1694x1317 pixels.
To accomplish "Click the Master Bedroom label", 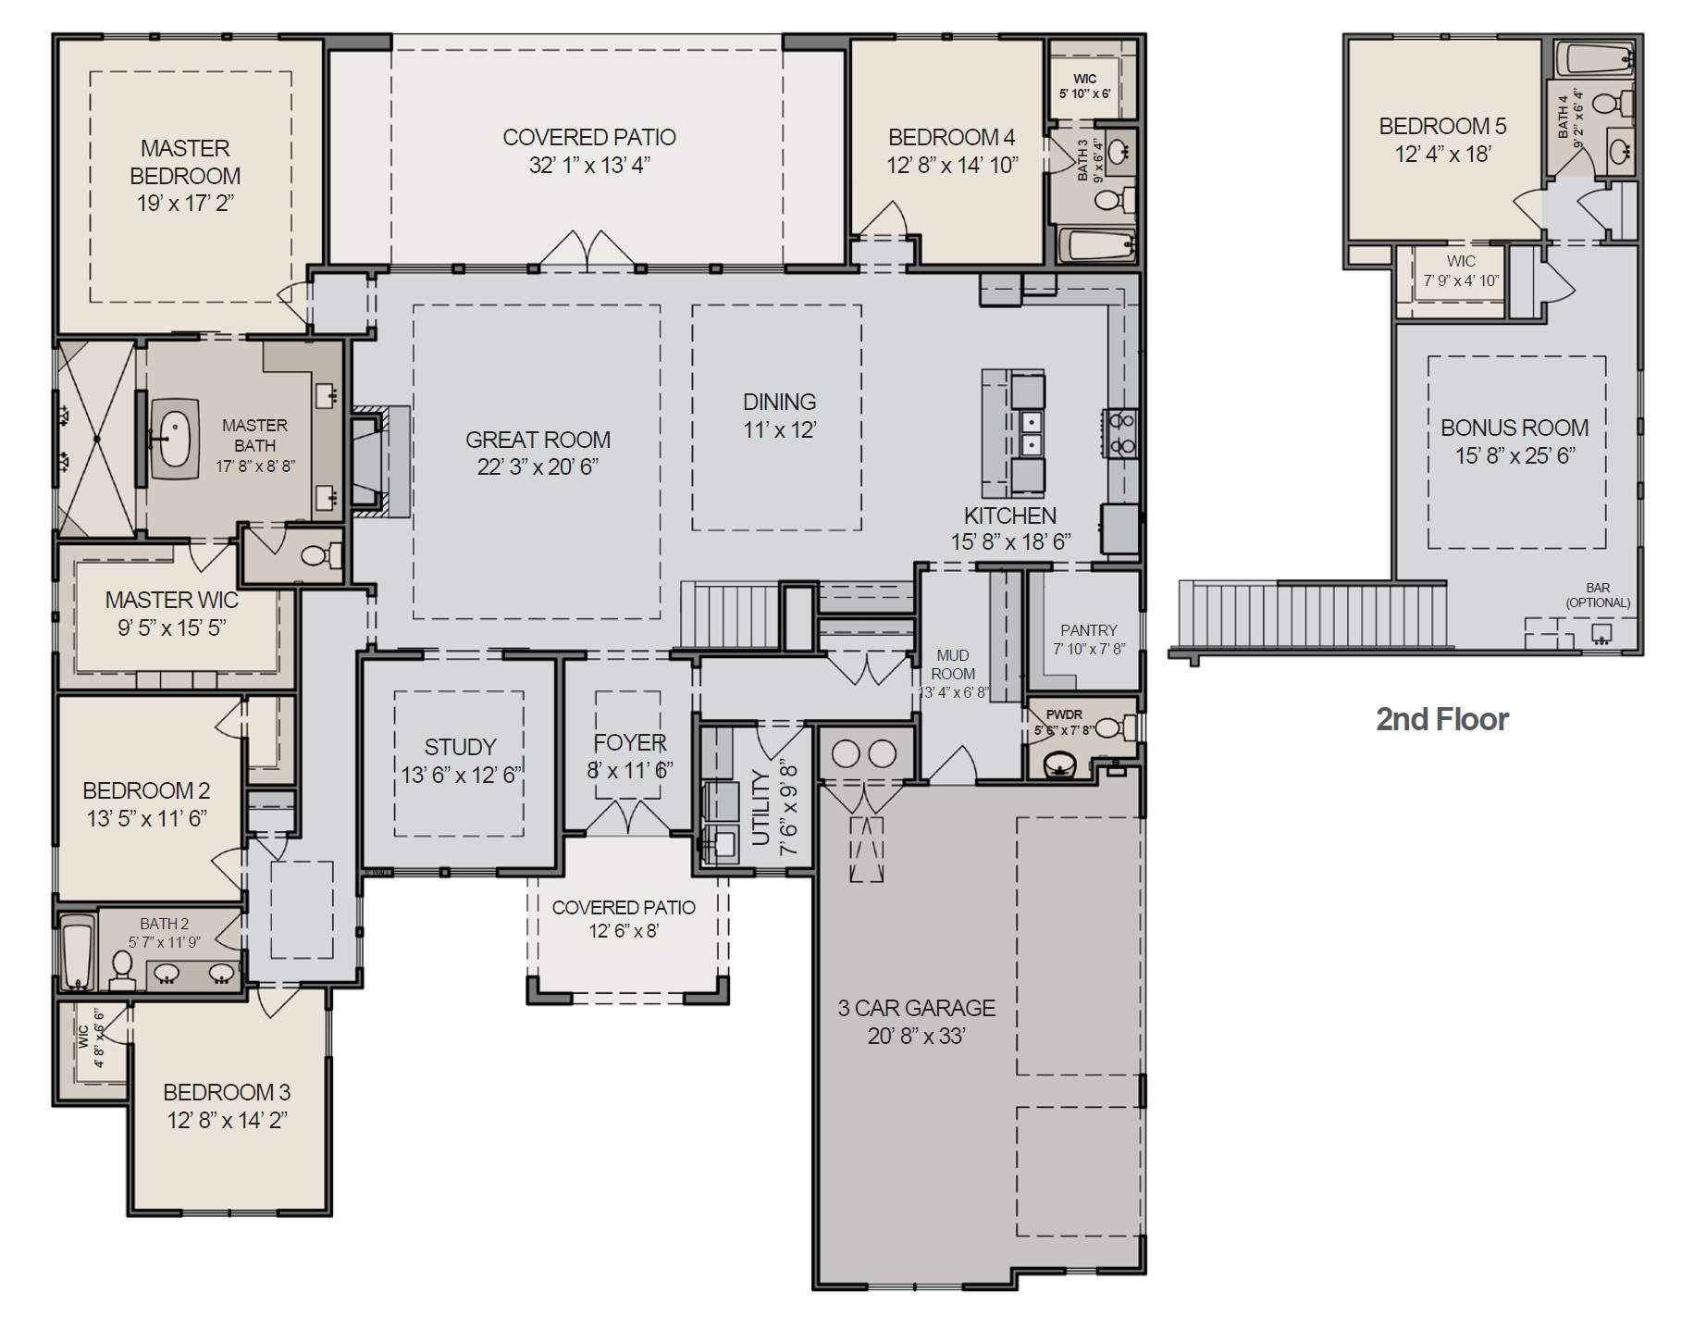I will click(x=185, y=162).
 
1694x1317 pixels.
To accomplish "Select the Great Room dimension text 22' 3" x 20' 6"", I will click(x=538, y=467).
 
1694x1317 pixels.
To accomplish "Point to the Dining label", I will click(x=779, y=403).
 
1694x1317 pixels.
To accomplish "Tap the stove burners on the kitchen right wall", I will click(x=1122, y=433).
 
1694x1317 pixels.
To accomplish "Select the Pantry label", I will click(x=1088, y=630).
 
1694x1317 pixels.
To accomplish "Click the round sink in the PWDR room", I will click(x=1060, y=765).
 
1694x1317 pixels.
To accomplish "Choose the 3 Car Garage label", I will click(x=916, y=1008).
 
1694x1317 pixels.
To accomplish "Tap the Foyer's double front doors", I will click(x=628, y=817).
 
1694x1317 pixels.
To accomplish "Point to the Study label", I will click(x=460, y=747).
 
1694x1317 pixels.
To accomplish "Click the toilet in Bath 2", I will click(x=121, y=966).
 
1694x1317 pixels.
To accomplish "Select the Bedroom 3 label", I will click(x=227, y=1092).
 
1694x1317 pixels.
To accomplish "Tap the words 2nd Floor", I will click(x=1441, y=719).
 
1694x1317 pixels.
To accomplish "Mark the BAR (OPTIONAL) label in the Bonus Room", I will click(x=1597, y=595).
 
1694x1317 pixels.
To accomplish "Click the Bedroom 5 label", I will click(x=1441, y=126).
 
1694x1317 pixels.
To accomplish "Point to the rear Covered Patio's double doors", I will click(x=587, y=251).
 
